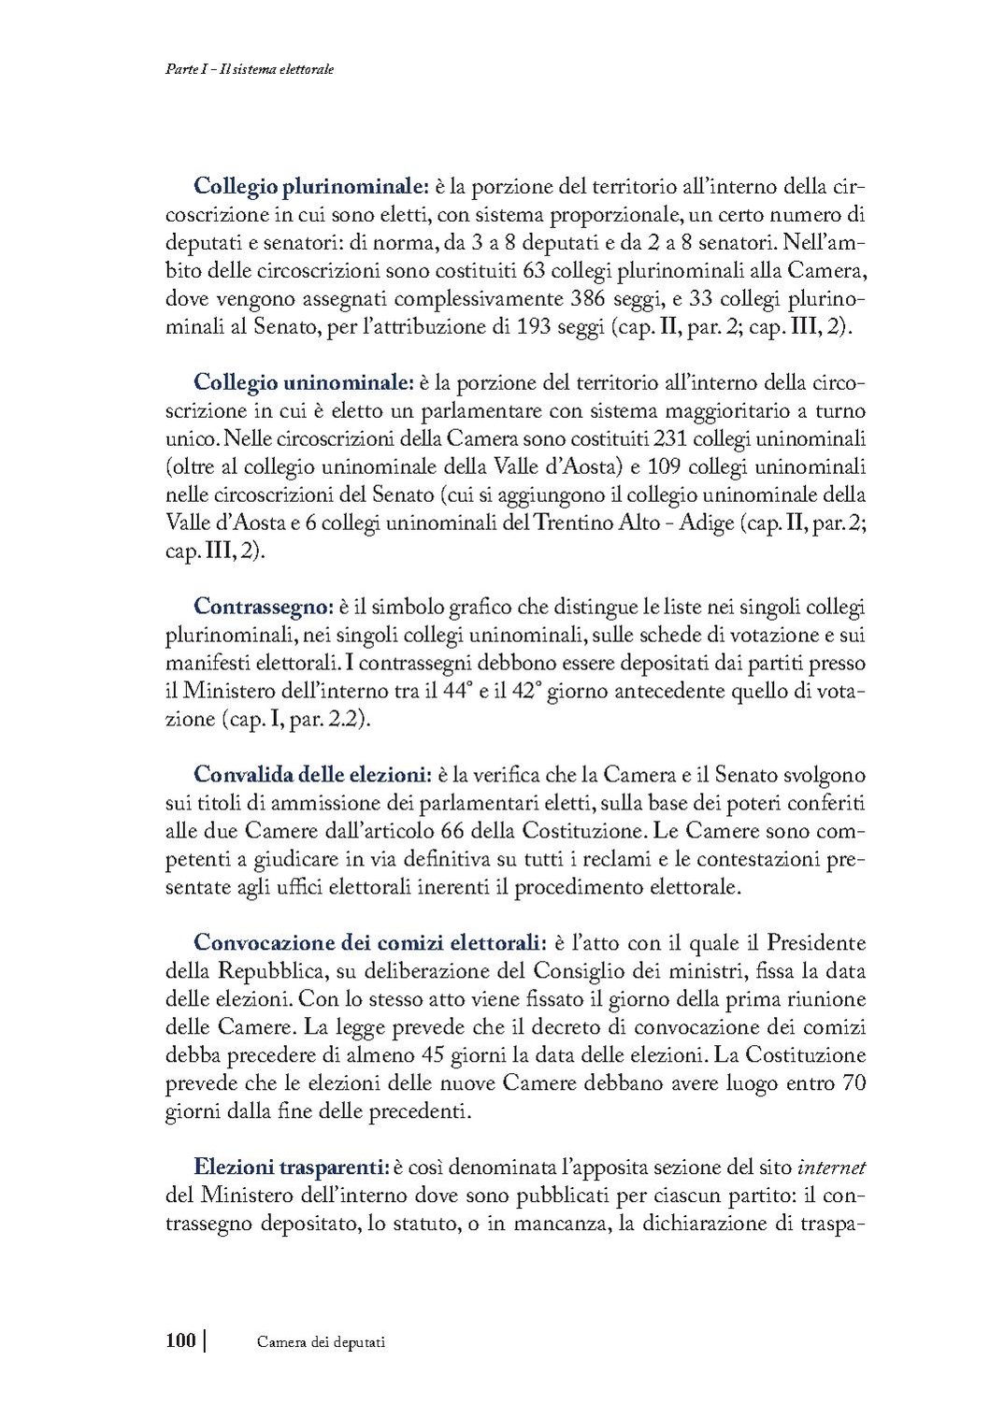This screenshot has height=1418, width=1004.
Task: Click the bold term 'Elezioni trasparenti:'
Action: point(291,1167)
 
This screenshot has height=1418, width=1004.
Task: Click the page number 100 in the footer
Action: point(180,1341)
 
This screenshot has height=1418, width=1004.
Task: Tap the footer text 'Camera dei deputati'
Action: point(322,1342)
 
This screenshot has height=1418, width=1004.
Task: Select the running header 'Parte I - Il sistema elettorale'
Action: point(244,70)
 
